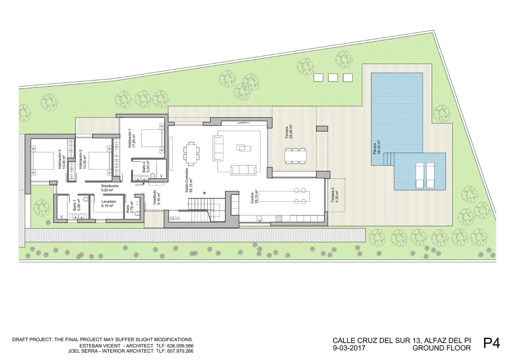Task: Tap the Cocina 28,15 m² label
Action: coord(254,198)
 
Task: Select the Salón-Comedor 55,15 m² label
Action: coord(189,181)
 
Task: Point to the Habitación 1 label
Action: coord(132,138)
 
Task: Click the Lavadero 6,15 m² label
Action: coord(108,204)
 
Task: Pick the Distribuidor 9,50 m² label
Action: coord(110,188)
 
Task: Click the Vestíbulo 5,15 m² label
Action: coord(157,198)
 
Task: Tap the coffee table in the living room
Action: coord(244,147)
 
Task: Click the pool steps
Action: coord(389,158)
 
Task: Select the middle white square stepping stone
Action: coord(333,77)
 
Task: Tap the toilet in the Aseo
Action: coord(137,213)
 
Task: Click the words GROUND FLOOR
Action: coord(441,348)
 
